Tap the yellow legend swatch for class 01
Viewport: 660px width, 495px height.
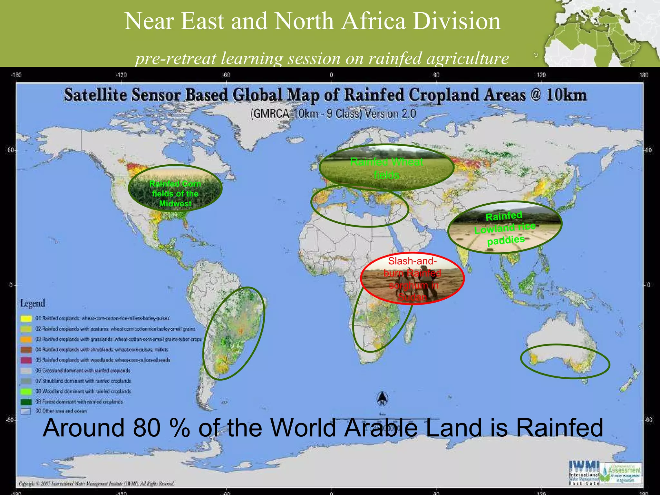(x=26, y=318)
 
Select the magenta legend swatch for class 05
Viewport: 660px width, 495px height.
(x=26, y=360)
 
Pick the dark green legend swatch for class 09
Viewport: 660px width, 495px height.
(x=26, y=402)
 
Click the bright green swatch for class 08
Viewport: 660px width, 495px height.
(x=26, y=391)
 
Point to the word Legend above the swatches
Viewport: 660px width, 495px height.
(x=33, y=303)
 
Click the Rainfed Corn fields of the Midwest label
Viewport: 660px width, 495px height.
(x=175, y=193)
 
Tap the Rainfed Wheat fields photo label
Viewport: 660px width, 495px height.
(x=386, y=168)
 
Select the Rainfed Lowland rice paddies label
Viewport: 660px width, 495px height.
(x=505, y=228)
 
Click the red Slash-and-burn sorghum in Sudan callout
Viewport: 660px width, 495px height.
(x=412, y=279)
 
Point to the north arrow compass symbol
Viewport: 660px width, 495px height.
(x=382, y=398)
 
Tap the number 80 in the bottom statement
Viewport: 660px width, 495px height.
(x=147, y=428)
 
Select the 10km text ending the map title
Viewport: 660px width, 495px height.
(x=566, y=95)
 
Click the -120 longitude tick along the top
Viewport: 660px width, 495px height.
(x=121, y=75)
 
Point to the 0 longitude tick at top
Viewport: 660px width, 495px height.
(x=331, y=75)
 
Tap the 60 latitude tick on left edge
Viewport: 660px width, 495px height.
(x=11, y=150)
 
